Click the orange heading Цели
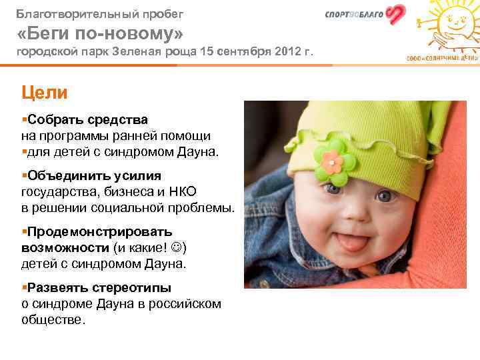pos(44,92)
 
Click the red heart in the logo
pos(396,15)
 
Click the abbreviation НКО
pos(181,192)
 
